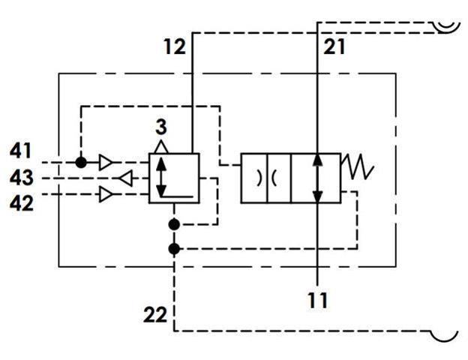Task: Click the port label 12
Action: (175, 46)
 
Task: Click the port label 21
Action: (334, 46)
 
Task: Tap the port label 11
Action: (317, 300)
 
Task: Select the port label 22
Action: (155, 315)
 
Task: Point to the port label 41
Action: (20, 151)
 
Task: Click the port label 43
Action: (21, 178)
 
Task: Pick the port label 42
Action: (21, 203)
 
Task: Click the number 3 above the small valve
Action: (161, 127)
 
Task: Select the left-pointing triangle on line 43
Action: (126, 178)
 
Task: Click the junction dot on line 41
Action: (81, 163)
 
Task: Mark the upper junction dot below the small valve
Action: (174, 224)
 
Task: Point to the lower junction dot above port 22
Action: (174, 249)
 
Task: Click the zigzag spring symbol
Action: (357, 166)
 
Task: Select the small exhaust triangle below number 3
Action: (161, 147)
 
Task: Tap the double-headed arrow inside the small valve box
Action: (161, 177)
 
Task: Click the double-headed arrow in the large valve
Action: (317, 178)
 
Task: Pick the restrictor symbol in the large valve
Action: (266, 178)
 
